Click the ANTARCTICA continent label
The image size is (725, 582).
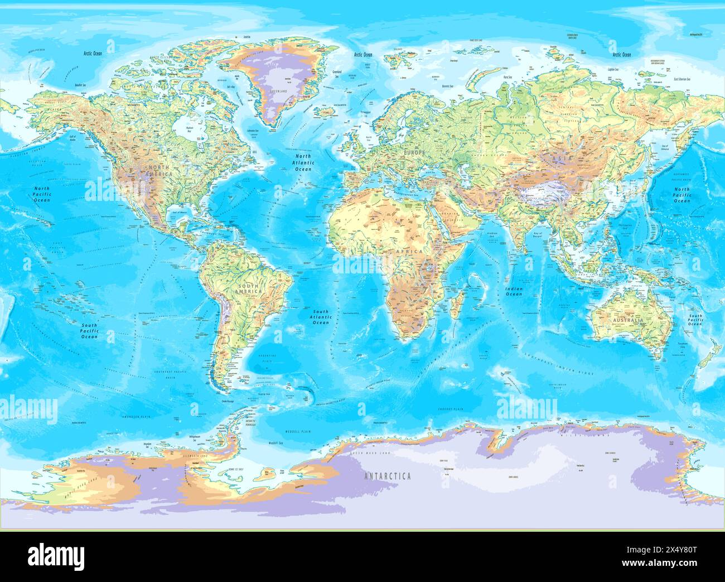point(388,476)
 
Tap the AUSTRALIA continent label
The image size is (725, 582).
point(628,321)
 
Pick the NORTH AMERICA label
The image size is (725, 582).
point(159,171)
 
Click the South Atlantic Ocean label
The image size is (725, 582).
point(321,317)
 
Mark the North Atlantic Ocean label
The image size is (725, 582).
point(303,163)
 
